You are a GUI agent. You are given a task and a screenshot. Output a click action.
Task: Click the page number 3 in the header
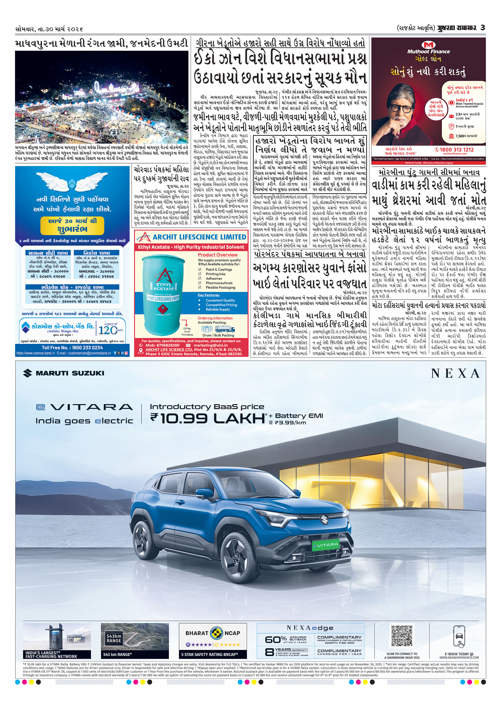click(x=482, y=28)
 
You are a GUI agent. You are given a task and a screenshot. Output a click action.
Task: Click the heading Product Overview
click(x=218, y=255)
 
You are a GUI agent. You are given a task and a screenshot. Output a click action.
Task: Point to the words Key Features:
click(x=209, y=295)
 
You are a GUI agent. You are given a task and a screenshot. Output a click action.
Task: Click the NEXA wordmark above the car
click(x=456, y=373)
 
